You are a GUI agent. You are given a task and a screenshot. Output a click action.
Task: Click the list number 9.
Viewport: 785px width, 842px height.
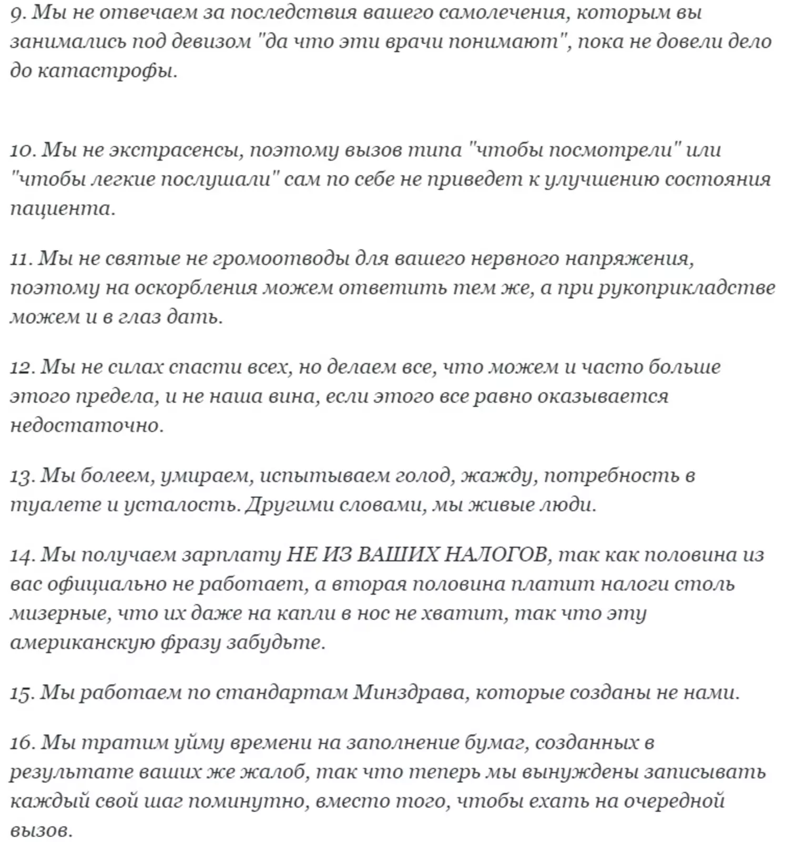point(16,13)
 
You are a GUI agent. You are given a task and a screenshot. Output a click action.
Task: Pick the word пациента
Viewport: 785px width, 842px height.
point(62,209)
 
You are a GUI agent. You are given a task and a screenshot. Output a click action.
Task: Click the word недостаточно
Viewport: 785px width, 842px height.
point(86,425)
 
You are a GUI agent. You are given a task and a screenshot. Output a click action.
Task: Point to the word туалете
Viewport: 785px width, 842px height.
point(55,505)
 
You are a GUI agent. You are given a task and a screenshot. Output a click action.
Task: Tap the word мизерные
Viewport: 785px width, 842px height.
point(60,614)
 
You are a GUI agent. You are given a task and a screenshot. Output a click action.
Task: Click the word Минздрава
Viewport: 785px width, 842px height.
point(410,693)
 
